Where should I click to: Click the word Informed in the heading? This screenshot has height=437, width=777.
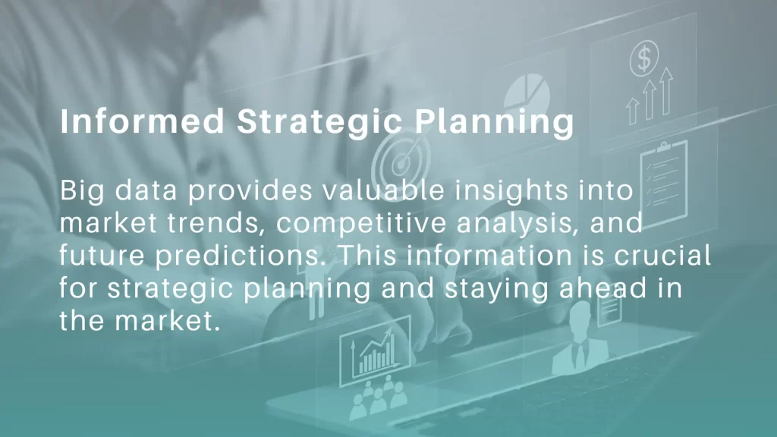point(142,121)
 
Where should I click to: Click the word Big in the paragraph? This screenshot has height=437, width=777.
point(82,191)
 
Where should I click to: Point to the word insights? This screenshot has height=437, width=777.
point(511,191)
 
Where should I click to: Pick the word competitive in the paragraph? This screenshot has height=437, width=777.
point(361,224)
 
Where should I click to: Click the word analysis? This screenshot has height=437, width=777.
point(517,224)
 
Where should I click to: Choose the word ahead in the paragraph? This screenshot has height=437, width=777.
point(602,288)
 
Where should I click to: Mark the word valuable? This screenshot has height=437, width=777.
point(383,190)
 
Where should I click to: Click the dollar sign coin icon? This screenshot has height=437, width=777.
point(644,58)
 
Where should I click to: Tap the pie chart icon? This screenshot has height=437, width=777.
point(527,93)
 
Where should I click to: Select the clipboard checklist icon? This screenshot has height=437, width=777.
point(663,182)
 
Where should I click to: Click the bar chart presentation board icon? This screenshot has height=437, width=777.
point(375,351)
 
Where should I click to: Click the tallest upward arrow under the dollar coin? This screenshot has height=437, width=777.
point(666,91)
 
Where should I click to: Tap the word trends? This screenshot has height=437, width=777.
point(214,224)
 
